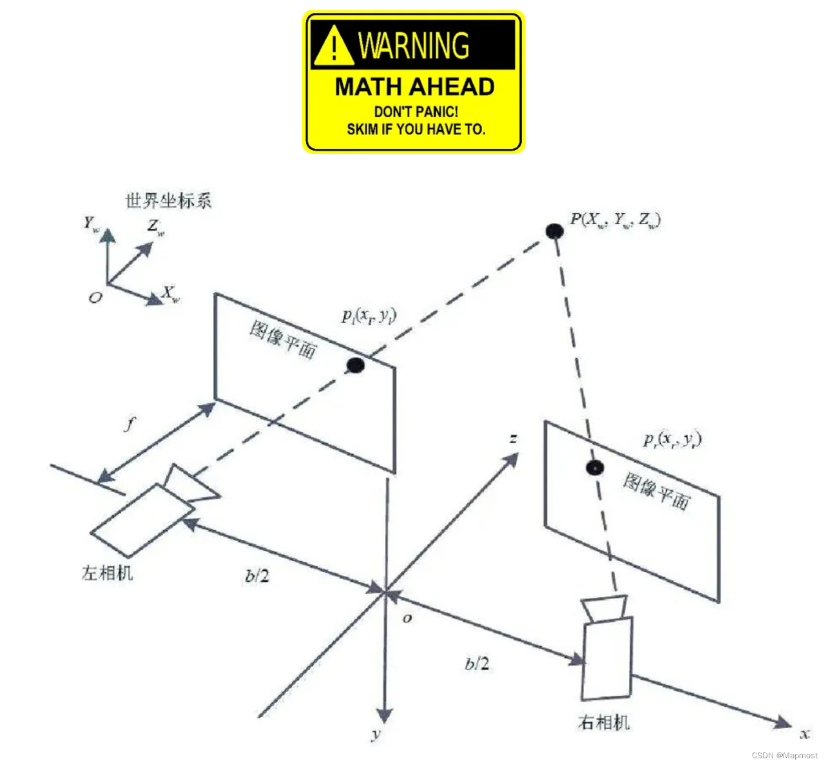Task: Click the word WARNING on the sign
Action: pyautogui.click(x=414, y=46)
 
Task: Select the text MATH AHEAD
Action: pyautogui.click(x=414, y=87)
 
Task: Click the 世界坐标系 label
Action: pyautogui.click(x=168, y=201)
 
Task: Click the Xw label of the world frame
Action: pyautogui.click(x=171, y=294)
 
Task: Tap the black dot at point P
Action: pyautogui.click(x=554, y=231)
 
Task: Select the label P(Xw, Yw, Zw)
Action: pyautogui.click(x=615, y=220)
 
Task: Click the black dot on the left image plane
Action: pyautogui.click(x=355, y=366)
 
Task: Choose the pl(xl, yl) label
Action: pyautogui.click(x=369, y=316)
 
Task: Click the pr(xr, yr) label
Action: pyautogui.click(x=672, y=440)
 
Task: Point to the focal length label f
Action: pyautogui.click(x=130, y=424)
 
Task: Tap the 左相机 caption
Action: pyautogui.click(x=108, y=573)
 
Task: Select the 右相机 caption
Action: pyautogui.click(x=604, y=723)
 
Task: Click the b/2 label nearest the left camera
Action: pyautogui.click(x=257, y=576)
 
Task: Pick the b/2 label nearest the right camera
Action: pyautogui.click(x=477, y=664)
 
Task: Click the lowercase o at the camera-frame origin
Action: pyautogui.click(x=407, y=618)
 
